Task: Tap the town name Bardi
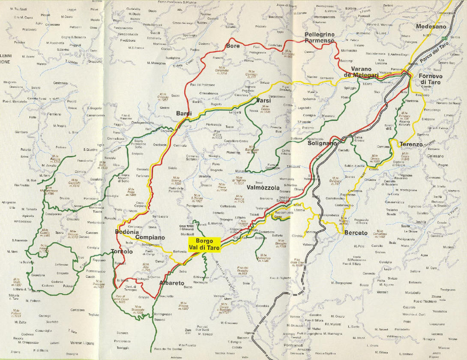point(183,114)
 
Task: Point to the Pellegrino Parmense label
point(319,37)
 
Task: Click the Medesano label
point(431,27)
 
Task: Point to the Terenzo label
point(411,144)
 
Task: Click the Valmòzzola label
point(263,188)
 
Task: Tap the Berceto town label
point(356,233)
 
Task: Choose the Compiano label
point(150,237)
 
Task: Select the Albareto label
point(171,283)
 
